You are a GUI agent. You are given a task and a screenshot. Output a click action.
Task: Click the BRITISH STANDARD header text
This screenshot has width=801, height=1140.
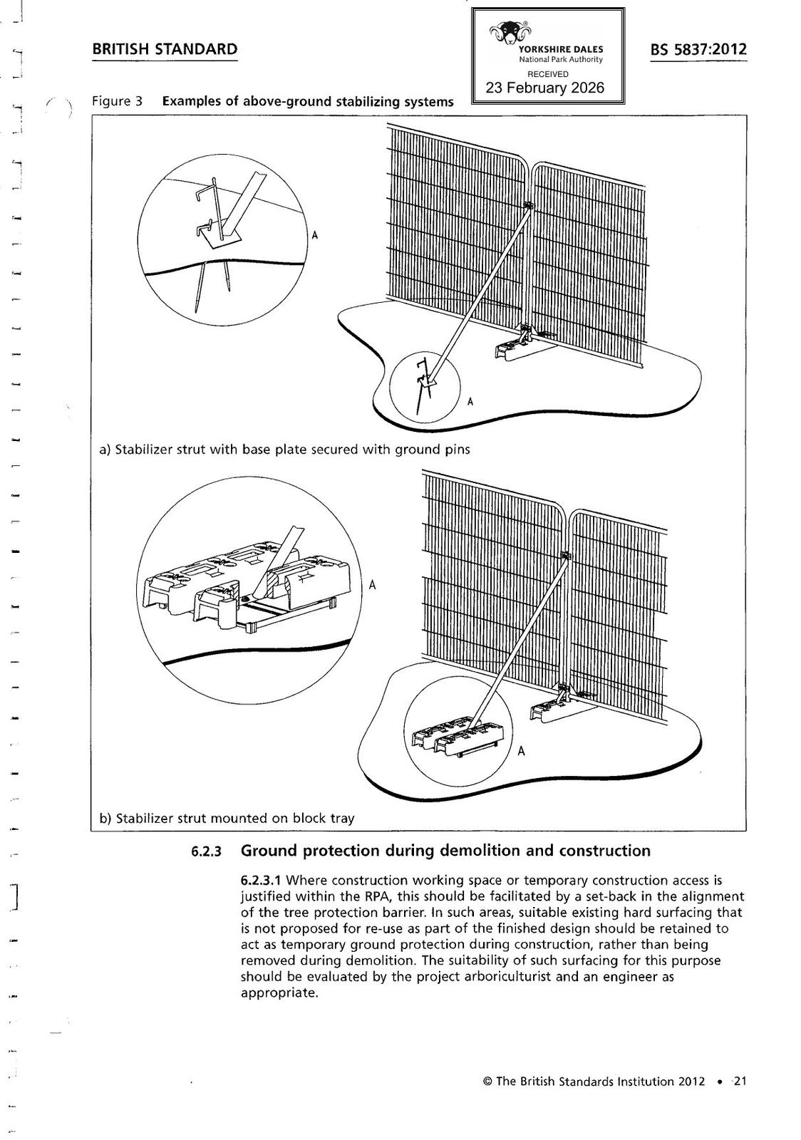pos(165,49)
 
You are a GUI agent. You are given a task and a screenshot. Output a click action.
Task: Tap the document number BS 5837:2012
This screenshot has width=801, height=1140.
pos(698,49)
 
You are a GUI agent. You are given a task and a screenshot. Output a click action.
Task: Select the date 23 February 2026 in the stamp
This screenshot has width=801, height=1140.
pos(544,88)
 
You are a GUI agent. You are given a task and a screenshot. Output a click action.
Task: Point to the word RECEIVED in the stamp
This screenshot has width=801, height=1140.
pos(547,73)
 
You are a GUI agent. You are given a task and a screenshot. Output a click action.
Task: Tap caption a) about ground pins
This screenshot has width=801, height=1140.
pos(285,450)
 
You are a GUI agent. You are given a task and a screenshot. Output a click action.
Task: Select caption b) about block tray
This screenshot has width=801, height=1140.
pos(227,818)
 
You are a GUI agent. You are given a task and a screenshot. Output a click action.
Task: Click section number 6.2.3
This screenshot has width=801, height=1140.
pos(207,851)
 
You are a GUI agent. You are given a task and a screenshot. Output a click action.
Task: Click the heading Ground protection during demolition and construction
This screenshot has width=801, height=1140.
pos(445,851)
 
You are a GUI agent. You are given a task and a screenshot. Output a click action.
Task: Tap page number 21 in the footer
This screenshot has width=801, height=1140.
pos(740,1082)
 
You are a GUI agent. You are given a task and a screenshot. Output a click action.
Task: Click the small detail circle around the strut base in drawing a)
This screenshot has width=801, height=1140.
pos(425,383)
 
